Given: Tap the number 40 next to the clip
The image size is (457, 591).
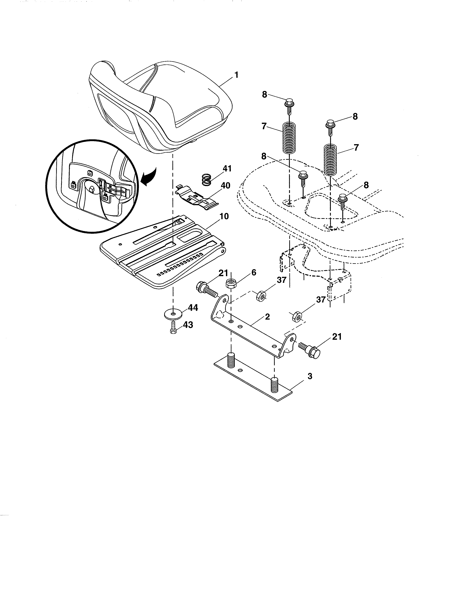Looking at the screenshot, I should pos(225,186).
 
